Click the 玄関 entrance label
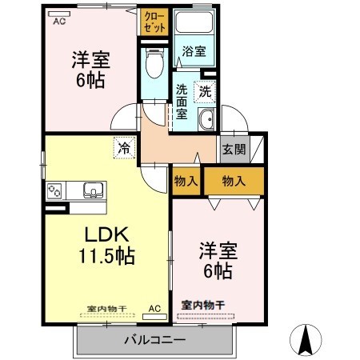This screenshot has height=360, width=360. click(234, 149)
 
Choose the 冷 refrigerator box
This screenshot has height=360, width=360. click(124, 147)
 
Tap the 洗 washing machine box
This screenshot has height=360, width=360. click(206, 91)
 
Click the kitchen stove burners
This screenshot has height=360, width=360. click(56, 191)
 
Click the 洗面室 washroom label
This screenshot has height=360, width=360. click(182, 101)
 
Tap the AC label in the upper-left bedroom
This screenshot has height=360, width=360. click(59, 22)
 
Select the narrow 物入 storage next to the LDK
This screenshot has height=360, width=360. click(186, 182)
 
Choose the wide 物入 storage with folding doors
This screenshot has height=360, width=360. click(233, 182)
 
